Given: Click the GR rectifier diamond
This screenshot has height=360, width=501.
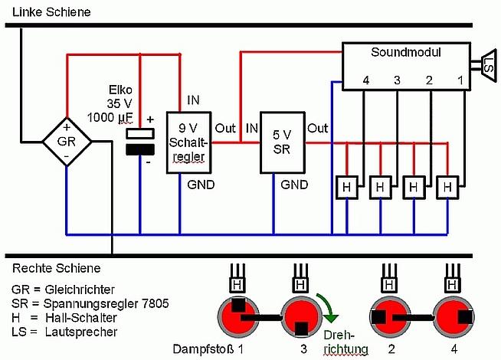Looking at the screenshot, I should [x=67, y=142].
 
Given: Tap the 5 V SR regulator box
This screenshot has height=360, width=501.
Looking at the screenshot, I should [x=282, y=142].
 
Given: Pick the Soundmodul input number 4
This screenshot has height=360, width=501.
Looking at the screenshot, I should [x=366, y=80].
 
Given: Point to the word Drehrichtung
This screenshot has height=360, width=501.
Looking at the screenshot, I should [x=346, y=343].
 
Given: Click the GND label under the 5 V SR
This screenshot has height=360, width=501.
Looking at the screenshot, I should [x=294, y=185].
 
